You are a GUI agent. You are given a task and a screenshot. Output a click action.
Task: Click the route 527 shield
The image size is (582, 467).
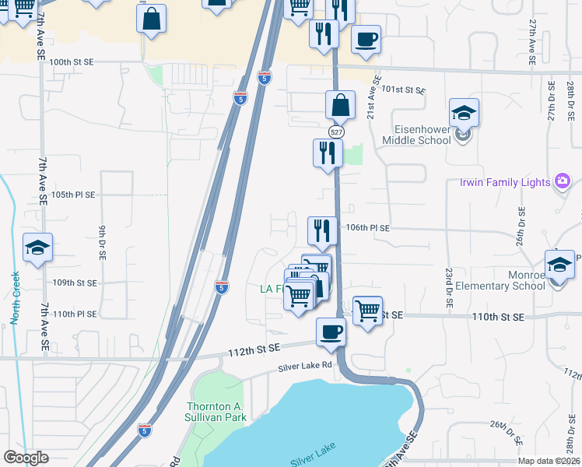point(335,132)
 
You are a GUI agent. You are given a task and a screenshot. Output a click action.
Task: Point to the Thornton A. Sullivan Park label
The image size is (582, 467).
point(216,412)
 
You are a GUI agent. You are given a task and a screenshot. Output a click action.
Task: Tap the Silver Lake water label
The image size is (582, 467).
point(313,460)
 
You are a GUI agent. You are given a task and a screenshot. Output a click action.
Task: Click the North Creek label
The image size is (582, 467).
point(15,298)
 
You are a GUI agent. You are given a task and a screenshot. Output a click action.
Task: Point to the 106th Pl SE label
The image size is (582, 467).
point(367,227)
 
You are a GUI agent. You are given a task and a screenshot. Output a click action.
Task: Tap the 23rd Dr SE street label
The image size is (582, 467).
point(449,289)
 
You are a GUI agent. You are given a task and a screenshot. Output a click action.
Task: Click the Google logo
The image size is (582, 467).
point(26,458)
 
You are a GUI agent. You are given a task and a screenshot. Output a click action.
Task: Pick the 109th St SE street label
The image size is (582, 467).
point(75,283)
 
